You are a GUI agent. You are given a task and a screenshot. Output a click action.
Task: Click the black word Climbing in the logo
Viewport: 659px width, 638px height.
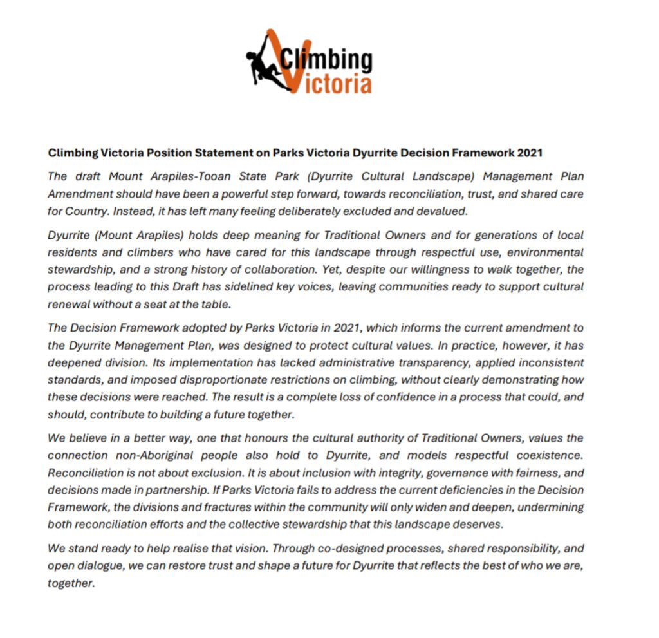click(x=327, y=60)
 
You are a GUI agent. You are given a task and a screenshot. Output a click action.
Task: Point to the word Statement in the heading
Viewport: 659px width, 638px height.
click(x=210, y=153)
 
